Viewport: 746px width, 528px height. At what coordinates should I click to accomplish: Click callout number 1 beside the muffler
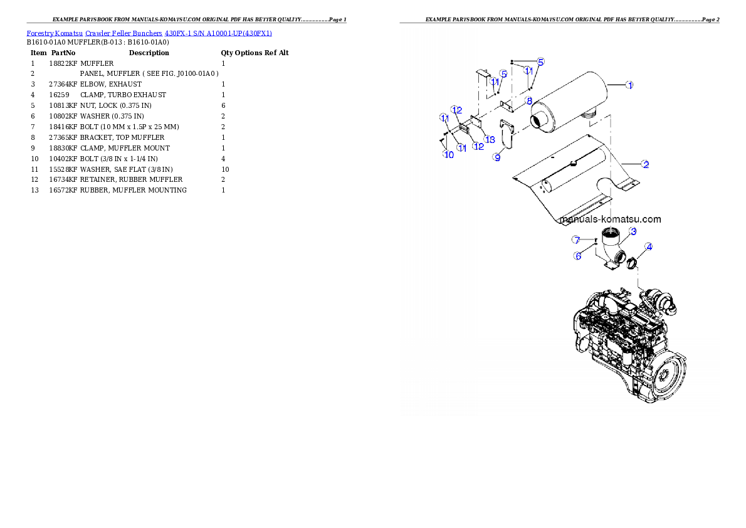click(630, 85)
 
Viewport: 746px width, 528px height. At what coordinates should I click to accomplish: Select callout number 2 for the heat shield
click(645, 164)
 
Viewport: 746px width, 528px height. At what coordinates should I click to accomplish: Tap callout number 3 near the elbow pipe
click(633, 231)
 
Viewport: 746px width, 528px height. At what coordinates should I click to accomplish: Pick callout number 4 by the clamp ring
click(649, 246)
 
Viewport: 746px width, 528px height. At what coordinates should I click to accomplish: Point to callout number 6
click(577, 255)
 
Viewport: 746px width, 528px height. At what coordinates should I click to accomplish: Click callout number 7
click(575, 240)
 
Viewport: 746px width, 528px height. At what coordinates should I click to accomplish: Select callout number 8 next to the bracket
click(528, 100)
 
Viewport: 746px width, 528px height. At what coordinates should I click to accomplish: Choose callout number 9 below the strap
click(497, 158)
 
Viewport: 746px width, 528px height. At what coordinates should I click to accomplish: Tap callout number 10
click(449, 154)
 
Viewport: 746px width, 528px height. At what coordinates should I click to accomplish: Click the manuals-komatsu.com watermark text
click(611, 219)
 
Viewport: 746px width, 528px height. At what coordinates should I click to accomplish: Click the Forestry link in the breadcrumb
click(39, 33)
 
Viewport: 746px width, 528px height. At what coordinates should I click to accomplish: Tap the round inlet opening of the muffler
click(540, 120)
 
